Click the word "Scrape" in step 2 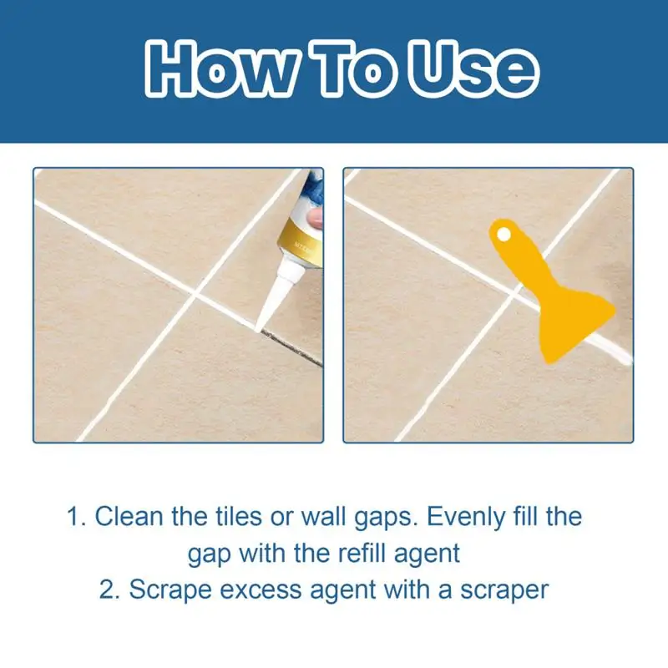point(172,590)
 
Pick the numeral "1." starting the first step point(77,516)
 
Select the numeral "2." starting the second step point(110,590)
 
